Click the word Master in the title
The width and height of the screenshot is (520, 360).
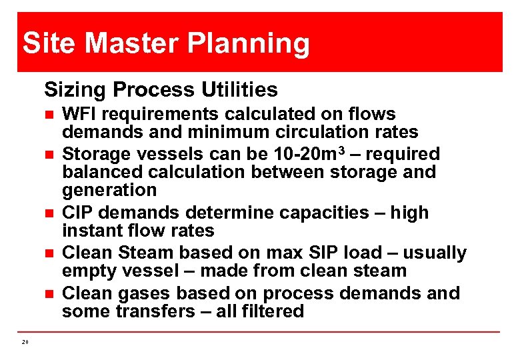(x=132, y=44)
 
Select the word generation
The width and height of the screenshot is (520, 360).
(x=109, y=191)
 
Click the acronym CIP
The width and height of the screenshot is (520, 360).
(x=76, y=213)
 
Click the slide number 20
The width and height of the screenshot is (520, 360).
(x=25, y=342)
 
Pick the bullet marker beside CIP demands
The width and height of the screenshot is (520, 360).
(x=49, y=213)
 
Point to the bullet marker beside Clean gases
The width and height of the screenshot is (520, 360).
(x=49, y=294)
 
